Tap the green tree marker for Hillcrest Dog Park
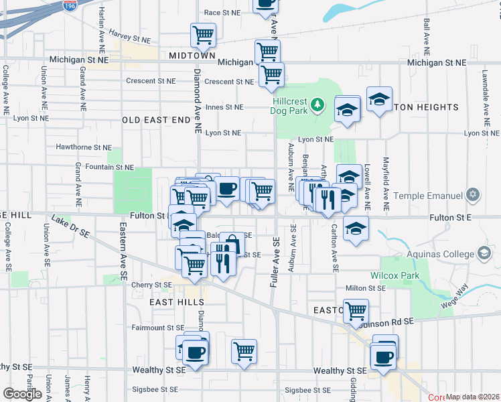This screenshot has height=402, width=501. [319, 105]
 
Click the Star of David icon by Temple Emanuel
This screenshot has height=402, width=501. [474, 195]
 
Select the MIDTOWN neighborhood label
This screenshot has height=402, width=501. [192, 56]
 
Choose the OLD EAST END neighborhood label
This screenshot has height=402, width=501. [157, 119]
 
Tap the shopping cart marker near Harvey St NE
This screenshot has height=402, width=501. [203, 34]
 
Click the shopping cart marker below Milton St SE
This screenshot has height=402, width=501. [356, 310]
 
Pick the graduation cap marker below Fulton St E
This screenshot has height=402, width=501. [356, 227]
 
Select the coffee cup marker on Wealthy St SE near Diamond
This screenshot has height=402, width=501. [196, 351]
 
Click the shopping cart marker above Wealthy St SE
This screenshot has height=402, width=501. [244, 350]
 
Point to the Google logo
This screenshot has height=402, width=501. [22, 394]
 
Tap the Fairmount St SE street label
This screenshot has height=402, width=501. [158, 328]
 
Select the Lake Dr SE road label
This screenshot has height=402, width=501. [70, 226]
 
